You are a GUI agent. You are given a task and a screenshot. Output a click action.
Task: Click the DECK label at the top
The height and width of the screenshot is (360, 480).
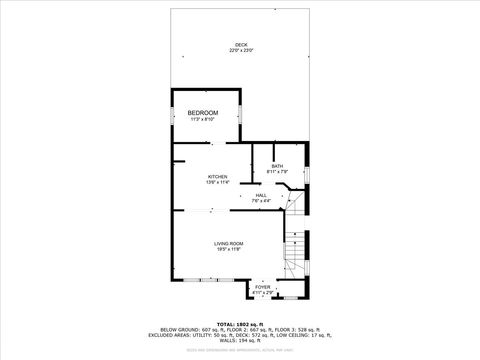click(240, 45)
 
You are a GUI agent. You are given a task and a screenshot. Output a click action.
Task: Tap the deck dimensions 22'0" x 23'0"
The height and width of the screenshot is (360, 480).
click(240, 50)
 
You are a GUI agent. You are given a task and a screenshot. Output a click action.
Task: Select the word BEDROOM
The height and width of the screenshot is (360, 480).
click(203, 113)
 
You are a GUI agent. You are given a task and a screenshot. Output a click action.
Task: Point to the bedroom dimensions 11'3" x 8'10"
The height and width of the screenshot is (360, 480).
click(203, 120)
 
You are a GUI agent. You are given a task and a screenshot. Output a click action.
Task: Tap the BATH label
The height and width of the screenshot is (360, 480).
click(277, 166)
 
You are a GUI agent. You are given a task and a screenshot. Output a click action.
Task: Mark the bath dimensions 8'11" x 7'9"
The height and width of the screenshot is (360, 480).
click(277, 172)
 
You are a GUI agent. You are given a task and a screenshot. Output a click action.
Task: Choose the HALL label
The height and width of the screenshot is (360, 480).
click(261, 195)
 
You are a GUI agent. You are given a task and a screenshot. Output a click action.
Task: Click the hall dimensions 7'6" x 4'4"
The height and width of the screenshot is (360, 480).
click(261, 201)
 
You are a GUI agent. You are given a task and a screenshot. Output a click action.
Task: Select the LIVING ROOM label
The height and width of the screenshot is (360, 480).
click(229, 244)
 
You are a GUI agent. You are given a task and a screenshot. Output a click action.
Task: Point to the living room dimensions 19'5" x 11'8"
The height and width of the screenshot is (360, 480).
click(229, 250)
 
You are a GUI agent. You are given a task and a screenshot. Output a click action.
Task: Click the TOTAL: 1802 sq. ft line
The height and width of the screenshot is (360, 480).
click(239, 324)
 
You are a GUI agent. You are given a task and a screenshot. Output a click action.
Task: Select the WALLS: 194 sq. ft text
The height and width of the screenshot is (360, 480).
click(239, 339)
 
